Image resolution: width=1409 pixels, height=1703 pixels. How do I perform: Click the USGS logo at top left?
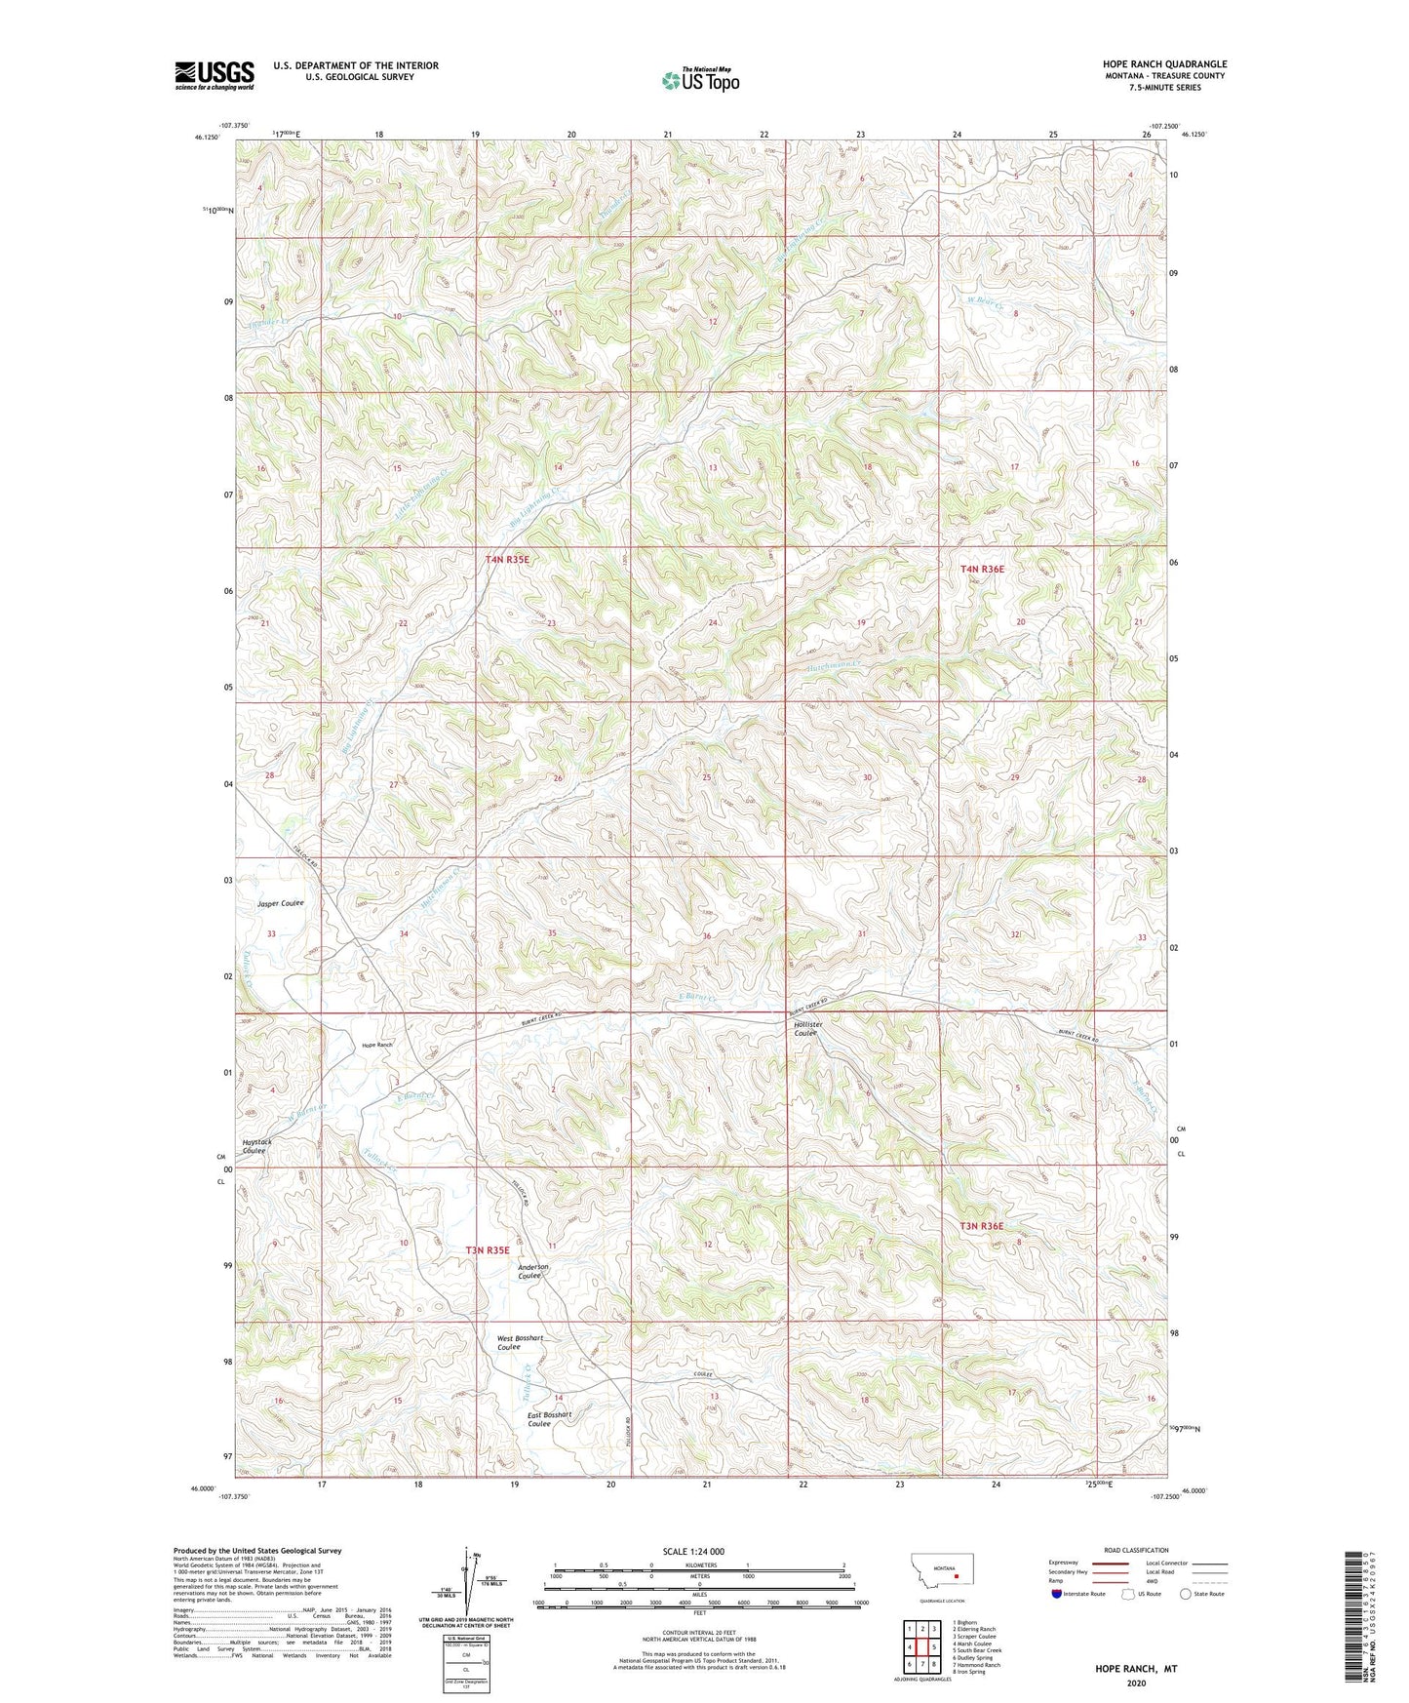pos(214,75)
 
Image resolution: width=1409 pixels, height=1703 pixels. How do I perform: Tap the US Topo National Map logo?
pos(699,80)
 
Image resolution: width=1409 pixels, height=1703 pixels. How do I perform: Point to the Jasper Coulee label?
pos(281,903)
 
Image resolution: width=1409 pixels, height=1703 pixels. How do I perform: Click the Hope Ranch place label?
pos(376,1045)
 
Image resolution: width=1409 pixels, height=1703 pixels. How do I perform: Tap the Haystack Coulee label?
pos(257,1146)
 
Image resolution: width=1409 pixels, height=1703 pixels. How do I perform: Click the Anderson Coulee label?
pos(532,1272)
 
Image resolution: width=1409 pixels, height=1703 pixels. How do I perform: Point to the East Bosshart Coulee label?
pos(549,1419)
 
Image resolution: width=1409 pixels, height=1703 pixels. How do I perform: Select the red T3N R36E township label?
pos(981,1226)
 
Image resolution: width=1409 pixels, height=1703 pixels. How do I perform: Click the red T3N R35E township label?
pos(488,1249)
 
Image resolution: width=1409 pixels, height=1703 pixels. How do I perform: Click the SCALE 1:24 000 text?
pos(693,1552)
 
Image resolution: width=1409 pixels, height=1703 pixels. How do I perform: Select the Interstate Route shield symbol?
pos(1058,1594)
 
